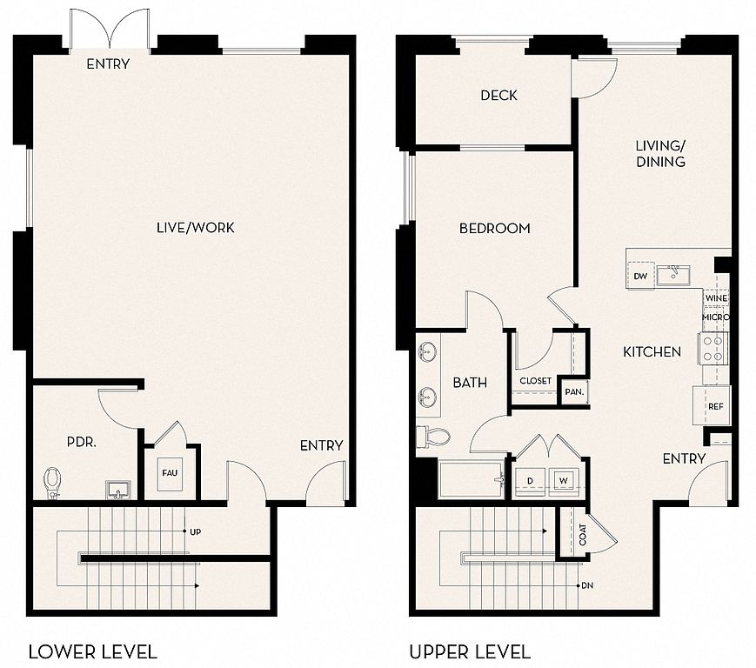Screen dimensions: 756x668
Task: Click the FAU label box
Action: pos(170,474)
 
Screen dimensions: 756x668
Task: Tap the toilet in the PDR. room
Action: pos(52,484)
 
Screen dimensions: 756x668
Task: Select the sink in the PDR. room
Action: pos(118,490)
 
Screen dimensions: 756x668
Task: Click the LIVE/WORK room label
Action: pos(195,228)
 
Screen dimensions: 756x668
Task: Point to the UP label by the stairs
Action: pos(195,532)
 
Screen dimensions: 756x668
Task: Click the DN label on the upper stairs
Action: pos(587,585)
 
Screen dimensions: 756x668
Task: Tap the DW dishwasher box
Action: pos(640,276)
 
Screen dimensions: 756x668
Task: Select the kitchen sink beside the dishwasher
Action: pos(673,276)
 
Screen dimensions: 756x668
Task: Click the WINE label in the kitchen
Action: pos(716,298)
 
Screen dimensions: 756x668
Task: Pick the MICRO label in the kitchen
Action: pos(716,317)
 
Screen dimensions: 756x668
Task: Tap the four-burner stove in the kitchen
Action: pos(713,349)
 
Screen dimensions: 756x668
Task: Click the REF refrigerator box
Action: pos(712,405)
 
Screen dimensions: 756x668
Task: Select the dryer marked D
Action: pos(531,481)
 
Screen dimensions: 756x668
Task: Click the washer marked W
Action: pos(564,481)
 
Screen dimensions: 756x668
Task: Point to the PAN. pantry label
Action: pos(574,391)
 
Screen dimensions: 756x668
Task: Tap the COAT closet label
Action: pos(583,535)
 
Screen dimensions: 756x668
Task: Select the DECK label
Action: pos(499,96)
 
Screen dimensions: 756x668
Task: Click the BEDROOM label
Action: pos(495,228)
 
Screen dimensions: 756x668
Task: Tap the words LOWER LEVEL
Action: pos(93,652)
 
